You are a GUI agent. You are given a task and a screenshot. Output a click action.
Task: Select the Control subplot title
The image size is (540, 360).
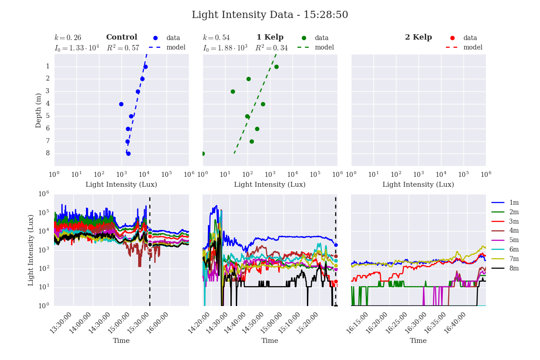click(121, 37)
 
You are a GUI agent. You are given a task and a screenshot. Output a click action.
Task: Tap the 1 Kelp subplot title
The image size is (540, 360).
click(270, 37)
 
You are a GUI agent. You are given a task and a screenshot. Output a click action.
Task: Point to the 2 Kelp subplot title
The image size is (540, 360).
click(418, 37)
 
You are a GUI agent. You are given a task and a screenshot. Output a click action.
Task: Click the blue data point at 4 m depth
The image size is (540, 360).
click(121, 104)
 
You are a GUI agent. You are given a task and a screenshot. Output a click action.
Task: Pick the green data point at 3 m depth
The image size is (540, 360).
click(233, 91)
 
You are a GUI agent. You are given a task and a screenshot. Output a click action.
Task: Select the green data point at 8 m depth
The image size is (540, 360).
click(202, 153)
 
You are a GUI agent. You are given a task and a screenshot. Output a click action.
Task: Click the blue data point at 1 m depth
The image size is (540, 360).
click(145, 67)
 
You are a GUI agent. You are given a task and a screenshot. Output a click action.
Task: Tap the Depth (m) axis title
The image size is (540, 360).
click(39, 110)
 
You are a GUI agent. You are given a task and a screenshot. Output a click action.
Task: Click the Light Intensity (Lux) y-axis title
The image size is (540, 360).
click(31, 250)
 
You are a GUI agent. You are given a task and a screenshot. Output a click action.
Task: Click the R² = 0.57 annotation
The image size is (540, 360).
click(123, 48)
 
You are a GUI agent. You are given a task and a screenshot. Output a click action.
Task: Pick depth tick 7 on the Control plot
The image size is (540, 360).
click(47, 141)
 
